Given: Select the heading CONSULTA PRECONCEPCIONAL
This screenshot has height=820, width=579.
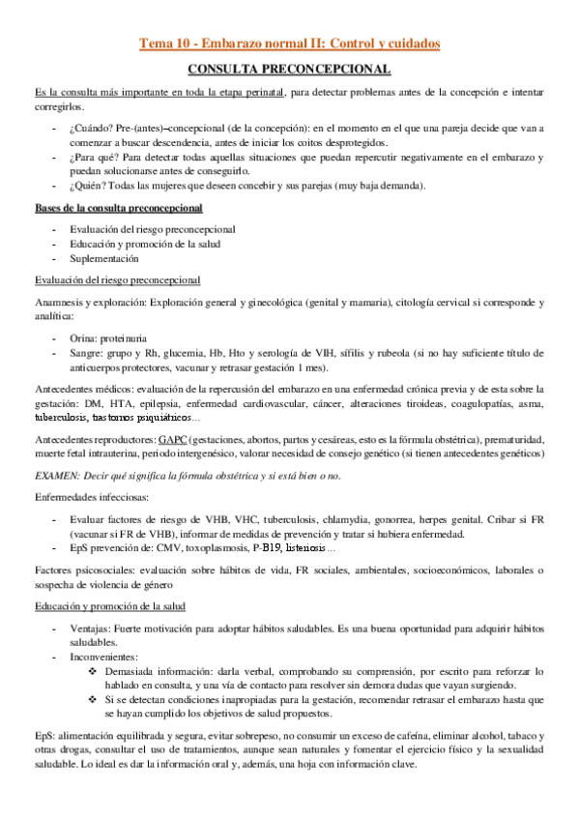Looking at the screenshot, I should [289, 70].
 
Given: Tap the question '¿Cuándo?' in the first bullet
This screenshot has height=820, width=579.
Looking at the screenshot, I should [93, 128].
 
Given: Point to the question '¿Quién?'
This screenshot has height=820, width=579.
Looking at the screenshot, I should [90, 186].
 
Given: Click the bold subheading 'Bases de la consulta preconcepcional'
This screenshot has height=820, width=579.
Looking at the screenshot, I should [118, 208].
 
